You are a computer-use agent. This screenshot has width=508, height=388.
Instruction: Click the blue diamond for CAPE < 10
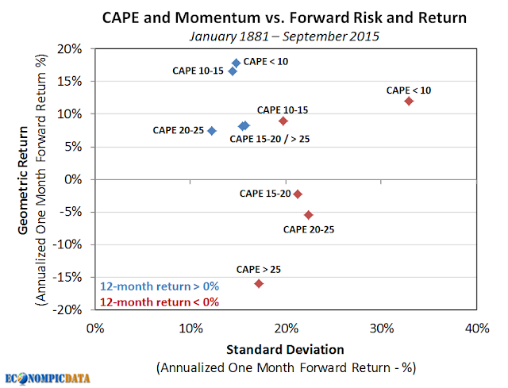(237, 63)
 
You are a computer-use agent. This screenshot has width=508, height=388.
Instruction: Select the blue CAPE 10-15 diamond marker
(233, 71)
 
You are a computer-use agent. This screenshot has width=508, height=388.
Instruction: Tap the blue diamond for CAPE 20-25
(212, 131)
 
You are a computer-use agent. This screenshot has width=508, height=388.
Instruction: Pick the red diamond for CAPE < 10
(409, 102)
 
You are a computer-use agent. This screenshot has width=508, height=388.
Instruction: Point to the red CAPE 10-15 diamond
(283, 121)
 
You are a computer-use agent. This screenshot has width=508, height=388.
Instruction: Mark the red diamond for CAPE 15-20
(298, 194)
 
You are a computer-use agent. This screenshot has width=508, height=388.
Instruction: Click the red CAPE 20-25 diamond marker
(309, 215)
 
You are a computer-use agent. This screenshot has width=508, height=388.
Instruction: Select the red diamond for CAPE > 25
(259, 284)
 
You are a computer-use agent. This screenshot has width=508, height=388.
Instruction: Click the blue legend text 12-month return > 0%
(160, 286)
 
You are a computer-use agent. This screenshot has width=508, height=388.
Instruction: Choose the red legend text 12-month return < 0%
(160, 302)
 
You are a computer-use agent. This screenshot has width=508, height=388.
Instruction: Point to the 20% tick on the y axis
(70, 49)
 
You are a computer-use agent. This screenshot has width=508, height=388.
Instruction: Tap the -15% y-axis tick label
(67, 277)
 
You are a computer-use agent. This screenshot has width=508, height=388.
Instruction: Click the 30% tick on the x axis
(382, 328)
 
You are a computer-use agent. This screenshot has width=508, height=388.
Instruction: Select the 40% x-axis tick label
(477, 328)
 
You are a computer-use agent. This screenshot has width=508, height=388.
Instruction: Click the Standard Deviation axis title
(285, 350)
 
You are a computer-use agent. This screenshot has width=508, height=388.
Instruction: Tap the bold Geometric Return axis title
(23, 180)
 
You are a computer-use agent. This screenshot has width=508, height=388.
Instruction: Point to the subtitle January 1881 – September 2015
(284, 36)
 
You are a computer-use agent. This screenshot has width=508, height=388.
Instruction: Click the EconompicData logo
(48, 378)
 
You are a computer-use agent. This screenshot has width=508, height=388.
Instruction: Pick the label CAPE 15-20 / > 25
(270, 140)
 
